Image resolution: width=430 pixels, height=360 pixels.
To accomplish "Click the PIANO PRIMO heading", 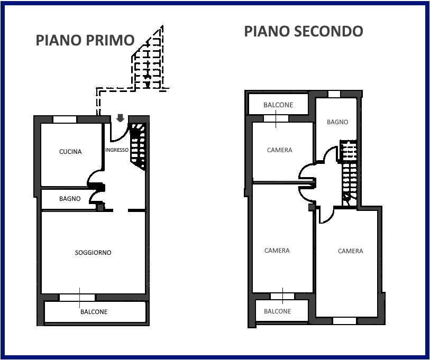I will (85, 40).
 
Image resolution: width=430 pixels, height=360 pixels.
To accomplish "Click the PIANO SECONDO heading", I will (303, 31).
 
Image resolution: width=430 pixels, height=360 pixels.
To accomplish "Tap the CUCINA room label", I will (70, 152).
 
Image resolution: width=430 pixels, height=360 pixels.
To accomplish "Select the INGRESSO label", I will (116, 150).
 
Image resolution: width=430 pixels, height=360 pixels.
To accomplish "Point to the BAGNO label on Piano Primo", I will (70, 199).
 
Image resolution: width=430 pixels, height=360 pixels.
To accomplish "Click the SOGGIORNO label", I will (93, 253).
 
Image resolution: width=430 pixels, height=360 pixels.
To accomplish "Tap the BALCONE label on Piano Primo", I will (94, 312).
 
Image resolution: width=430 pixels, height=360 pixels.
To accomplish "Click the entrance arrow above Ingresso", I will (121, 118).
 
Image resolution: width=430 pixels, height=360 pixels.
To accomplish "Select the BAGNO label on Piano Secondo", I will (337, 122).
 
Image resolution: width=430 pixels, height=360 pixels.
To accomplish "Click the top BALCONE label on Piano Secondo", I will (278, 105).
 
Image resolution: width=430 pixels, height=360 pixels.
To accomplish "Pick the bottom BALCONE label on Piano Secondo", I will (277, 311).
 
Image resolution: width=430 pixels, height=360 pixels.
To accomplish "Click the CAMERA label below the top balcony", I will (279, 150).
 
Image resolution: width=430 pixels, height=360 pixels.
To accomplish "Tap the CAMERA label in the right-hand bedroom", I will (350, 251).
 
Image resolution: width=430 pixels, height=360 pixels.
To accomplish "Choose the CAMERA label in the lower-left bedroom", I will (277, 251).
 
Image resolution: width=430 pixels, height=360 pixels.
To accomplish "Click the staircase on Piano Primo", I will (138, 146).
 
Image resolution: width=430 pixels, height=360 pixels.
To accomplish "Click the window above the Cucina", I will (65, 119).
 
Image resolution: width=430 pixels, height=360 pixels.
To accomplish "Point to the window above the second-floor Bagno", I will (334, 94).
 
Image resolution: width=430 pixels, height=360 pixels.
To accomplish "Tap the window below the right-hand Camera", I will (344, 320).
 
